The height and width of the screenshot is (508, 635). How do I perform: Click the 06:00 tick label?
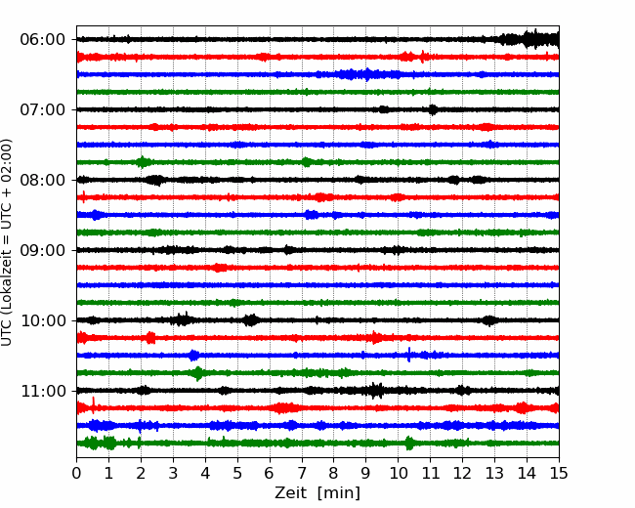(42, 40)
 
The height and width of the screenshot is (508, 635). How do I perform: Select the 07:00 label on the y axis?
(42, 109)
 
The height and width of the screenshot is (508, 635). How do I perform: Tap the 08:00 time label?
(42, 180)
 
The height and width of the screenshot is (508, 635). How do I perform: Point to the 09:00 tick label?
(42, 250)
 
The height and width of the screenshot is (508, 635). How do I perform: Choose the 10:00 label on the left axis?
(43, 320)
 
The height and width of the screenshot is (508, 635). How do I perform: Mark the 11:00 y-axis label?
(43, 391)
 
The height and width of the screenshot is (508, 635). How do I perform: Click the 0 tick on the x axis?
(76, 473)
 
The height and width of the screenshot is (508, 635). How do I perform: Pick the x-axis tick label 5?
(237, 473)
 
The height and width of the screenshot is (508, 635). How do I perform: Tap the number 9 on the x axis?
(366, 473)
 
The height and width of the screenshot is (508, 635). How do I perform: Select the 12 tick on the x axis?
(462, 473)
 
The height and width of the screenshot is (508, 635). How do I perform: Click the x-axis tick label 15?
(559, 473)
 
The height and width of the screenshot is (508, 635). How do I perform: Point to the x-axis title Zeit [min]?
(317, 493)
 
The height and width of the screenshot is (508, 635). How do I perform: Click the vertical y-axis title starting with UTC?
(7, 242)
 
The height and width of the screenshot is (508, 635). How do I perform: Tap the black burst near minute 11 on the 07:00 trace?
(433, 109)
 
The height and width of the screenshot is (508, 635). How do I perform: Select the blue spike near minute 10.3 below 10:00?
(409, 355)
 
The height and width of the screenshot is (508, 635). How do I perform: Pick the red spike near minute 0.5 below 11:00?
(94, 405)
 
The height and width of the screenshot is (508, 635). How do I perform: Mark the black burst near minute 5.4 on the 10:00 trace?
(251, 320)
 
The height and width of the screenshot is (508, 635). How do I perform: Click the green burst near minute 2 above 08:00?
(143, 162)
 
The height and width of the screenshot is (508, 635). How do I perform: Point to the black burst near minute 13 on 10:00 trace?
(490, 320)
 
